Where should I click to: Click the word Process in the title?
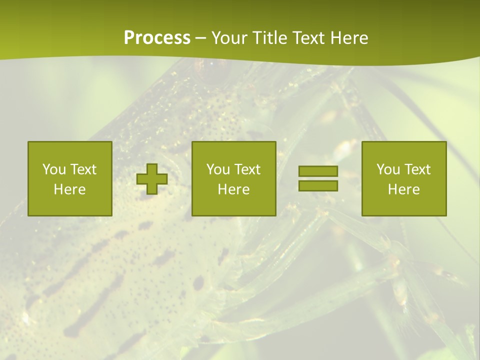click(x=157, y=38)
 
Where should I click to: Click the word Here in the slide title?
click(x=349, y=38)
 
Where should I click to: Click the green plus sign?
click(x=152, y=178)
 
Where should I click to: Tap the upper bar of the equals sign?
click(x=318, y=171)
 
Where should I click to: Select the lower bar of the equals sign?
click(x=318, y=185)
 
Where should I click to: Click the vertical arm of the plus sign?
click(x=152, y=167)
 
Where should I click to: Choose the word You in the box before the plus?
click(x=54, y=169)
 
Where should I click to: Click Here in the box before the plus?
click(x=70, y=189)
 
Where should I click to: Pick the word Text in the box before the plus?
click(x=83, y=169)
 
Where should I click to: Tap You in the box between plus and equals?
click(x=218, y=169)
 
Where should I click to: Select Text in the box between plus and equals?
click(x=247, y=169)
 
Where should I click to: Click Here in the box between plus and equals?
click(x=234, y=189)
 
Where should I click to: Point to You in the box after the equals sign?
click(x=388, y=169)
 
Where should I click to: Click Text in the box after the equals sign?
click(x=417, y=169)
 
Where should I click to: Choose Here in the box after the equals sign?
click(x=404, y=189)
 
